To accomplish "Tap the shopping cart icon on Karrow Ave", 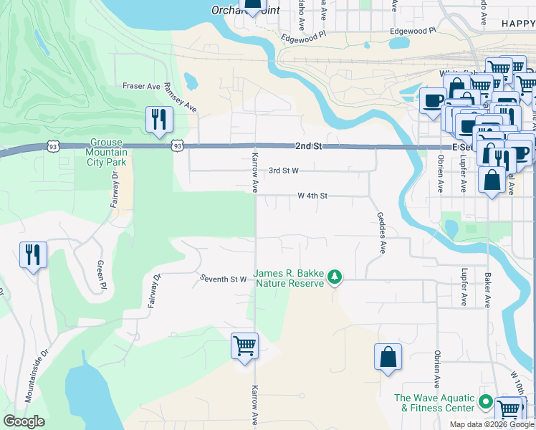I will tap(244, 346).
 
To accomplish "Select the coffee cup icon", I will tap(433, 100).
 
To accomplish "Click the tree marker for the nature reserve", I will tap(335, 277).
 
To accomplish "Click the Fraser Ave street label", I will tap(141, 86).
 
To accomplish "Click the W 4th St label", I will tap(312, 196).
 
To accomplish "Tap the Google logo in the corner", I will tap(24, 421).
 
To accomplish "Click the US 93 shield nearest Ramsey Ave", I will tap(177, 145).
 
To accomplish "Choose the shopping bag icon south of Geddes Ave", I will tap(388, 357).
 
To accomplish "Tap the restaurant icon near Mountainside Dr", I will tap(33, 255).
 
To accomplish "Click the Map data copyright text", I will tap(492, 424).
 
